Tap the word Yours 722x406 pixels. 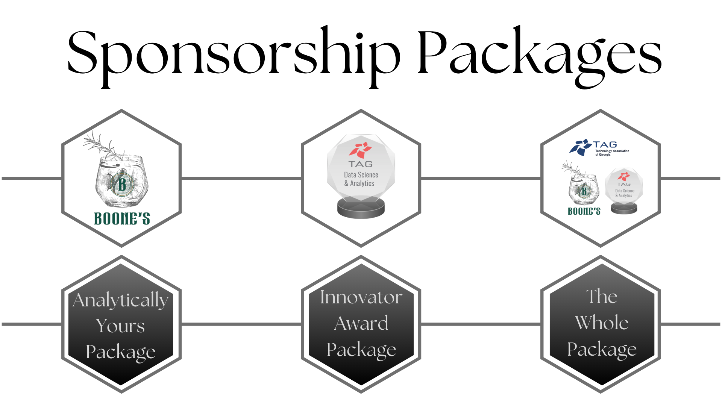[120, 326]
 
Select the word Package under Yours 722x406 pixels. [120, 352]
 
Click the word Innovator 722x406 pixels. [361, 297]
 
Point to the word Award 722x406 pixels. [361, 323]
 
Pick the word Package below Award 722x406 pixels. [361, 350]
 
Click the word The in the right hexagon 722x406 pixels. [602, 297]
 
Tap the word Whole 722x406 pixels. [602, 323]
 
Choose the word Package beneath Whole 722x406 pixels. [602, 349]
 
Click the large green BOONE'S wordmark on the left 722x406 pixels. [122, 218]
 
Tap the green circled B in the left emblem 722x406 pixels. [122, 184]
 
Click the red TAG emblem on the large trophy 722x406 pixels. [360, 150]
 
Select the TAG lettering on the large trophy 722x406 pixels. [360, 164]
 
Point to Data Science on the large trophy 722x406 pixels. [361, 175]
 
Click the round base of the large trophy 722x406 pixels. [361, 209]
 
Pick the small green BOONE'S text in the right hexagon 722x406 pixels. [584, 211]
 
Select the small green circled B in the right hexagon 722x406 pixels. [584, 191]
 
